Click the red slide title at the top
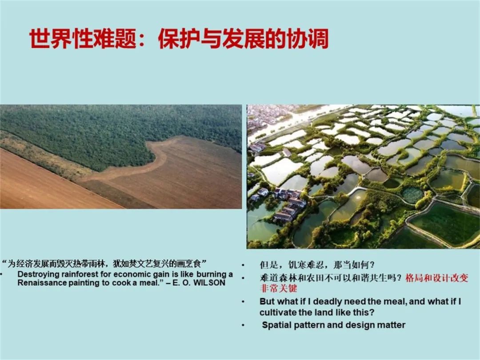[x=179, y=39]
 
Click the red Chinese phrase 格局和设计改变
[x=437, y=278]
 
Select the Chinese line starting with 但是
[x=317, y=265]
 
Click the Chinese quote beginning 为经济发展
[x=104, y=263]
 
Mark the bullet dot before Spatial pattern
[x=243, y=325]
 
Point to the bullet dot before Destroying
[x=1, y=274]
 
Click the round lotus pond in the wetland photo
[x=412, y=195]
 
